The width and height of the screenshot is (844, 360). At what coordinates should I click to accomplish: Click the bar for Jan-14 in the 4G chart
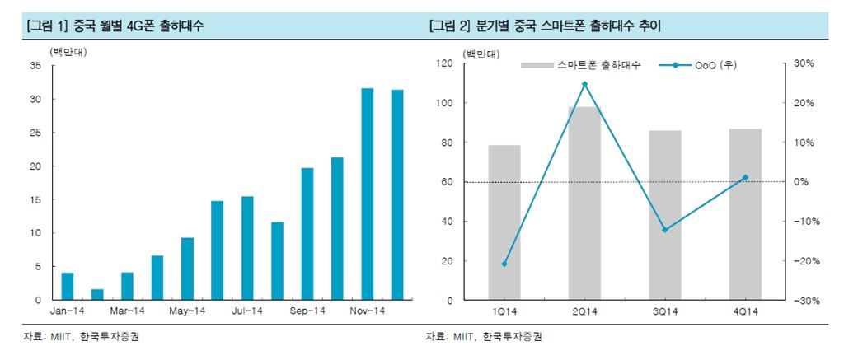(x=68, y=286)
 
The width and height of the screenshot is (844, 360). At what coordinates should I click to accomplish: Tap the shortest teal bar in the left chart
(x=97, y=294)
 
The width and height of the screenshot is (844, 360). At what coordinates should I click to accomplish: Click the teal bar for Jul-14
(x=247, y=248)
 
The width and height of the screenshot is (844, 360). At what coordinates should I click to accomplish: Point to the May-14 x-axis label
(x=187, y=311)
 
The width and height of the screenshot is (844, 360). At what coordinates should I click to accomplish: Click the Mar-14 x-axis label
(x=127, y=311)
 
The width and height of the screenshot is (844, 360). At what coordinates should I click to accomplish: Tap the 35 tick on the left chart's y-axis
(x=35, y=66)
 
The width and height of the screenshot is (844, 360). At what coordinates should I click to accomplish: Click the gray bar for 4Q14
(x=746, y=214)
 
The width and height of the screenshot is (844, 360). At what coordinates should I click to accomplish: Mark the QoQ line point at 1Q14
(x=504, y=264)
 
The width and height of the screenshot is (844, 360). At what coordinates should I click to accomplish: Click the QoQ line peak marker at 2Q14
(x=584, y=84)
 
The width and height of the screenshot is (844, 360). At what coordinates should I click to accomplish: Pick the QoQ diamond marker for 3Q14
(x=665, y=230)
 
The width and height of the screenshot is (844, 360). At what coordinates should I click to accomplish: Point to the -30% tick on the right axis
(x=804, y=301)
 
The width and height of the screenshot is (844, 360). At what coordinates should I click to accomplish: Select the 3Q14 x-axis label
(x=665, y=311)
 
